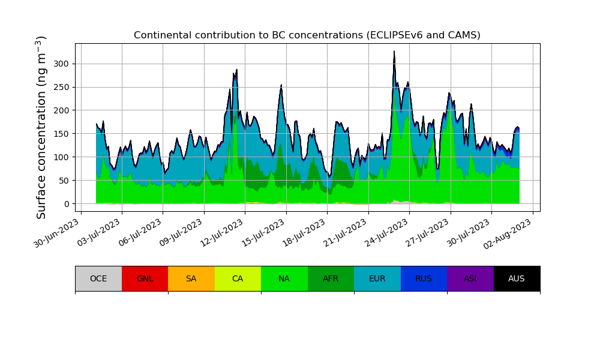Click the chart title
307,35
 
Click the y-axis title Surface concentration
41,127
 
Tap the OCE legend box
98,278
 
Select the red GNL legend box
145,278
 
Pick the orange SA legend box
191,278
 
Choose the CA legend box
238,278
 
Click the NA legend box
284,278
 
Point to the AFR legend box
331,278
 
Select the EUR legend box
377,278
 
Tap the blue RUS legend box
424,278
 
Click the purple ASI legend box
470,278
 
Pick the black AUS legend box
517,278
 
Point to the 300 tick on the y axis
62,64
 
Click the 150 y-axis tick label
62,134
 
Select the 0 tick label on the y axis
67,204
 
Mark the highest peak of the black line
394,52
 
